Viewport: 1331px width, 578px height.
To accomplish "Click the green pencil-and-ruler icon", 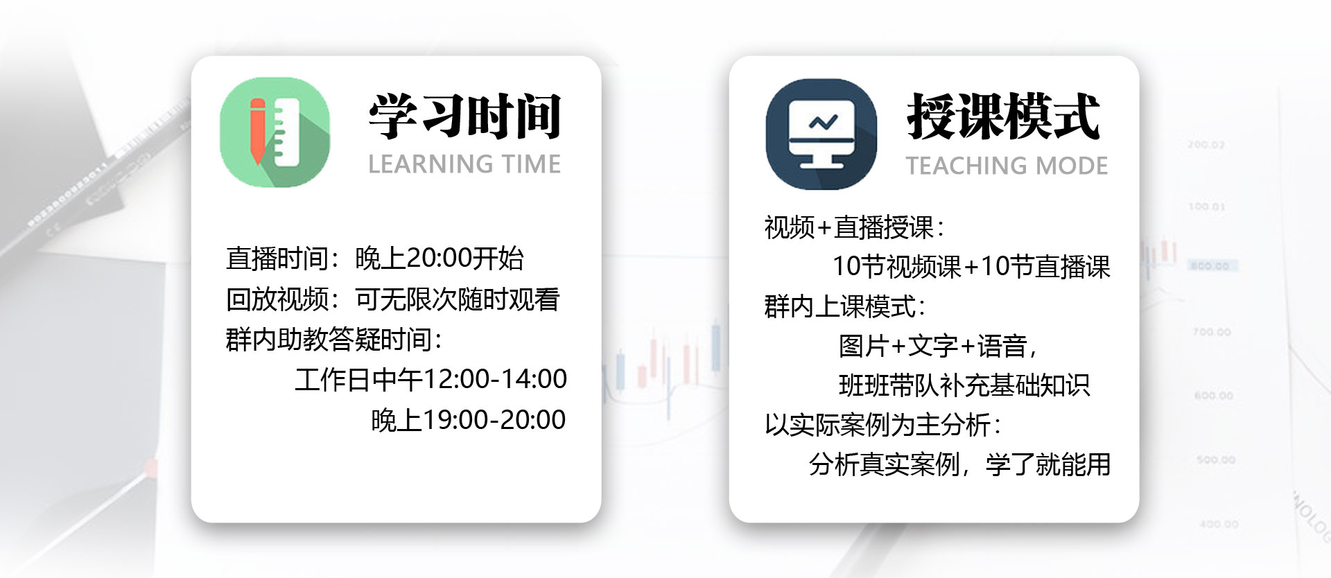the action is [x=275, y=132].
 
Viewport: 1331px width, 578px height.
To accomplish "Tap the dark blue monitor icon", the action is [x=821, y=134].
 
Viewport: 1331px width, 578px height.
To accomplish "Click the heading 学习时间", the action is [x=464, y=116].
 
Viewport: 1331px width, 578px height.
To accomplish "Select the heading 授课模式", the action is [x=1003, y=116].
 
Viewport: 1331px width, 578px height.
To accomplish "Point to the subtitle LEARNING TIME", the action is [x=464, y=164].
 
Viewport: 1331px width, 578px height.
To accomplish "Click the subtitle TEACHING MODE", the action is [x=1007, y=166].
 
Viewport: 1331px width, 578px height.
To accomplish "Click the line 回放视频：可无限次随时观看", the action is [x=392, y=299].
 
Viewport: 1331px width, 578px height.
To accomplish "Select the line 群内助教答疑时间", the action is [x=334, y=340].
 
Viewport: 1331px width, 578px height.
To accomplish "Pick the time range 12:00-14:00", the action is [x=495, y=379].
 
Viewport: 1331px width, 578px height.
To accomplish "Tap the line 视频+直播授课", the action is [x=854, y=227].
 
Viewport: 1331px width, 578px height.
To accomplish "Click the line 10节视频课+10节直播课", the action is [x=971, y=267].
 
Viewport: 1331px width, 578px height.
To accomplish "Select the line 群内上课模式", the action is [x=845, y=306].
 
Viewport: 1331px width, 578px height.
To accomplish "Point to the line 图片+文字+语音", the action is [x=938, y=346].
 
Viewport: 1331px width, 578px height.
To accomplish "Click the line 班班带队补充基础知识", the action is [x=964, y=385].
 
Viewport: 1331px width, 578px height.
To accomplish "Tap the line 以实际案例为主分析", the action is [x=882, y=425].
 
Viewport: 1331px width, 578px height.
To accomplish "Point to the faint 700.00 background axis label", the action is [x=1211, y=333].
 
